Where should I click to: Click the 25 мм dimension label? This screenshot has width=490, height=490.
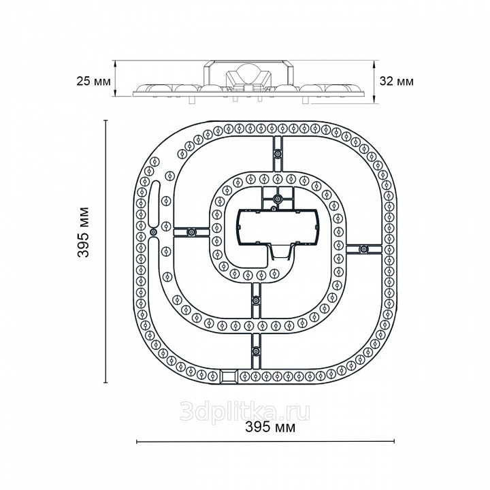point(93,82)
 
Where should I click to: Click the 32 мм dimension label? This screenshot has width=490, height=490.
point(397,81)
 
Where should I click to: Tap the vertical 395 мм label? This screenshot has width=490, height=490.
point(84,232)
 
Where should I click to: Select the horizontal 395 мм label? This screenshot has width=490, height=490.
point(270,427)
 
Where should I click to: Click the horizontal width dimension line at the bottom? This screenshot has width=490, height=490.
point(265,441)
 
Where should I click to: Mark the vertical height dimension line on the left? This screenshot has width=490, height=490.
point(106,252)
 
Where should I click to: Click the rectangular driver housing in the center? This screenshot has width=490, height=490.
point(278,227)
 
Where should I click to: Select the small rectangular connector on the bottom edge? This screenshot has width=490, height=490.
point(229,376)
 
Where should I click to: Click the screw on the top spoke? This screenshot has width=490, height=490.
point(278,153)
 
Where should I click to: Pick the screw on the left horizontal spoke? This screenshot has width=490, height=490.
point(191,232)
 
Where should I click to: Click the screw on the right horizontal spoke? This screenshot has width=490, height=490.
point(363,249)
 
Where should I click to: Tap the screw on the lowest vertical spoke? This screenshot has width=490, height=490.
point(256,350)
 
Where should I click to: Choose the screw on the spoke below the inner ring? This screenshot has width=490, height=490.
point(256,301)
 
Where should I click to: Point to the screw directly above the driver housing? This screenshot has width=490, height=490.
point(278,199)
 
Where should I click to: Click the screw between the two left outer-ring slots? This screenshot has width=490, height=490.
point(153,232)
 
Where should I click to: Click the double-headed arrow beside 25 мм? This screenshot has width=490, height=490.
point(115,78)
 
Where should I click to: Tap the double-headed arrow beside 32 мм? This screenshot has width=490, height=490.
point(374,82)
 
